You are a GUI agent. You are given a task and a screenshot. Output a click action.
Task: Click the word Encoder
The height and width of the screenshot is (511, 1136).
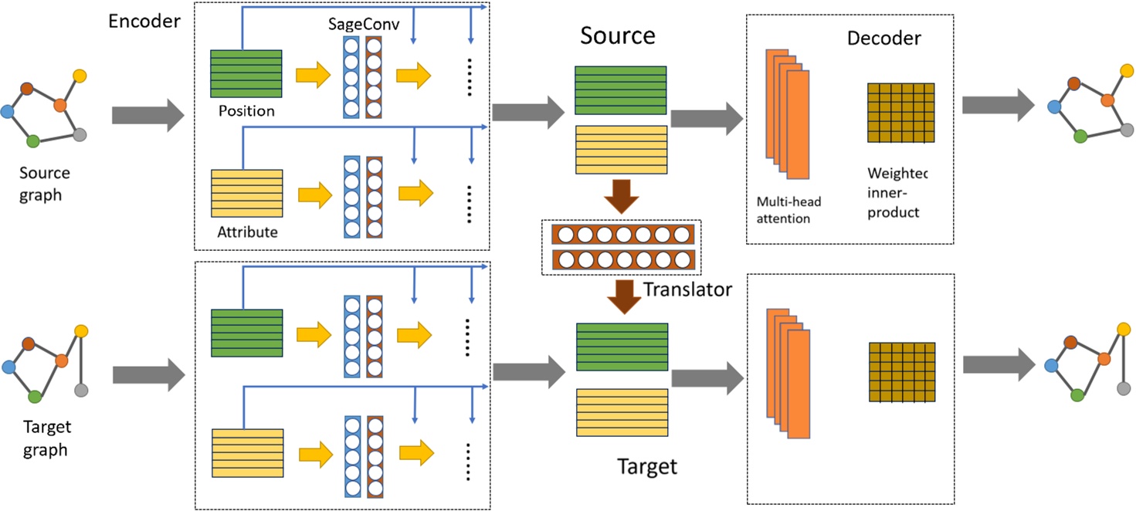[144, 21]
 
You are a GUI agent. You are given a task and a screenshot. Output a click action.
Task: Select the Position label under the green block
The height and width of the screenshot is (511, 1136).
[246, 111]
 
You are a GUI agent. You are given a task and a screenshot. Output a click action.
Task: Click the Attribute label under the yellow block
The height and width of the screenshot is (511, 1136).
[247, 231]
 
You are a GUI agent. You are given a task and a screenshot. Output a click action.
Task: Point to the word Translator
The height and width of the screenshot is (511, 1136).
[687, 290]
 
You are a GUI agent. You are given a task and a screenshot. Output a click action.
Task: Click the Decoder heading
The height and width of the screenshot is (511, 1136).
[883, 38]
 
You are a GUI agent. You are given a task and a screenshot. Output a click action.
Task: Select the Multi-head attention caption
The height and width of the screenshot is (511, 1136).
[789, 210]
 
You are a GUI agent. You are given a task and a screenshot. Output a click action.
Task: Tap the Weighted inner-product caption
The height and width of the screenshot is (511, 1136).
[897, 192]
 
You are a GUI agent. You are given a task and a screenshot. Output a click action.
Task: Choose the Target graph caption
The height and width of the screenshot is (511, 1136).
[46, 438]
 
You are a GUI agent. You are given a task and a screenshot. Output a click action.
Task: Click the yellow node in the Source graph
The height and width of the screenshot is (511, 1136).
[80, 76]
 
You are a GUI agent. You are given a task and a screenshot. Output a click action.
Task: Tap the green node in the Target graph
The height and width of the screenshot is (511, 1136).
[34, 396]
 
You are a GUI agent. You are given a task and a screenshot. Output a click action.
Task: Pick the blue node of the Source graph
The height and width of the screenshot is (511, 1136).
[8, 113]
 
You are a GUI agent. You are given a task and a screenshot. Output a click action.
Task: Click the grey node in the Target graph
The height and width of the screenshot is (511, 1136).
[81, 390]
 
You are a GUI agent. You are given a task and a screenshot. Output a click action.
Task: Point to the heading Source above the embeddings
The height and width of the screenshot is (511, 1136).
[617, 36]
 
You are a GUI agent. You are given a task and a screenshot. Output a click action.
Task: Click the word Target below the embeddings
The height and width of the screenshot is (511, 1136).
[647, 466]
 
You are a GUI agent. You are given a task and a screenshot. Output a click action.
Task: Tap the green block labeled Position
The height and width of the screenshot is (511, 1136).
[247, 73]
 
